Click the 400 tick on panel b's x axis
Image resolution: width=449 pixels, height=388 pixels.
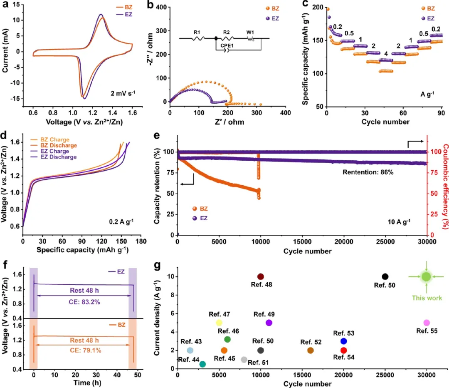click(285, 113)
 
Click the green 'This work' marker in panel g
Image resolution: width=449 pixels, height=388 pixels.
click(426, 277)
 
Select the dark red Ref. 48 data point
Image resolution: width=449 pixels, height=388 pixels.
click(261, 277)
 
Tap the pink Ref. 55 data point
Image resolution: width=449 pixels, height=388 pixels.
click(427, 323)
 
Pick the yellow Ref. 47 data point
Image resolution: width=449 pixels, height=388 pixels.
click(219, 323)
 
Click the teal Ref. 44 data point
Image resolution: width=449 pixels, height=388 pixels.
click(202, 364)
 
